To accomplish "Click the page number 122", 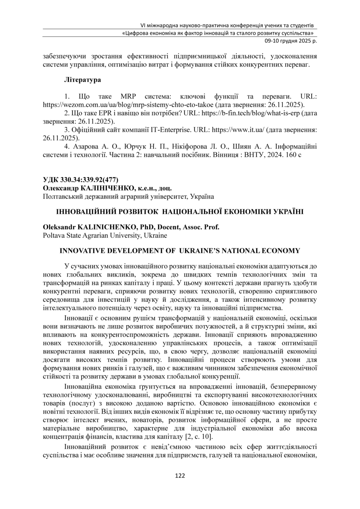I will click(180, 476).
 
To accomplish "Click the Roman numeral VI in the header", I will click(144, 25).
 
